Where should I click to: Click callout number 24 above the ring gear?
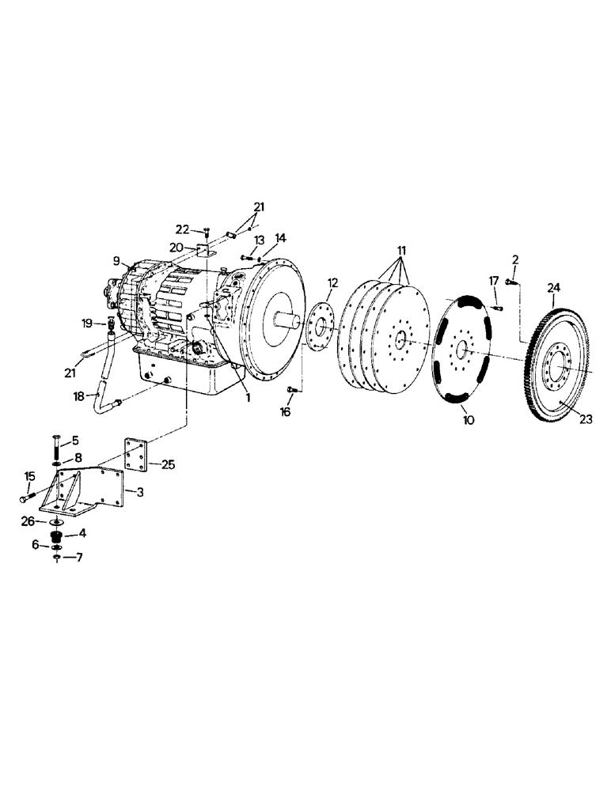(x=552, y=288)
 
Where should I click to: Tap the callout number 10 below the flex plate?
(x=469, y=419)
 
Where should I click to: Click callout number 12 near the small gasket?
(x=332, y=282)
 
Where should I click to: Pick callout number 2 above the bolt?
(x=514, y=260)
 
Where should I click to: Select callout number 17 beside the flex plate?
(x=493, y=280)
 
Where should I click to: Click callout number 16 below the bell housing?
(x=285, y=412)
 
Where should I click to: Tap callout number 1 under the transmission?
(x=248, y=398)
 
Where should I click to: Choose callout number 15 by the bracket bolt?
(x=29, y=476)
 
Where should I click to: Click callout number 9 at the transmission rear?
(x=116, y=259)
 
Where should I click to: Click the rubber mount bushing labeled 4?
(x=56, y=539)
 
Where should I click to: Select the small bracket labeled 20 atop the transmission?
(x=204, y=251)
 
